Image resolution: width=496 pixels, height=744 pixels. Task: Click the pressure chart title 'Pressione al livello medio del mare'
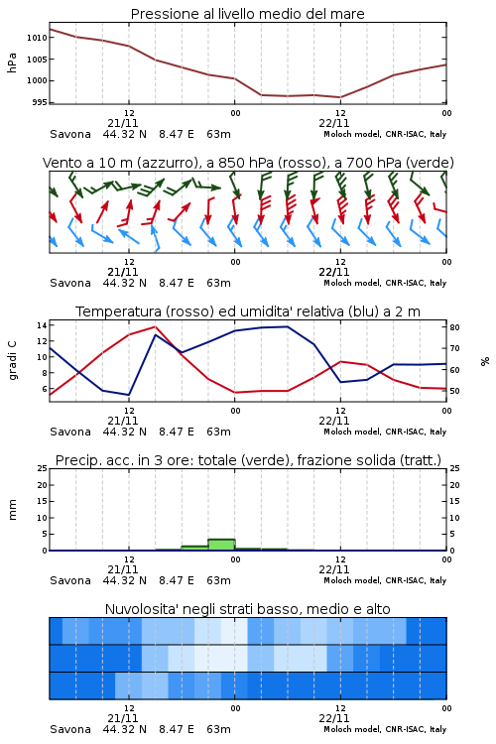click(247, 14)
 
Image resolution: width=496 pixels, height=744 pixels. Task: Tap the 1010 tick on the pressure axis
click(37, 38)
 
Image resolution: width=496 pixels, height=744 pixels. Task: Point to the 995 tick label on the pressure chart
click(40, 102)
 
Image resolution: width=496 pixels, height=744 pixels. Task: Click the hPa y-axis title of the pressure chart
click(12, 62)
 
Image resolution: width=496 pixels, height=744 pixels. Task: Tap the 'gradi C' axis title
click(12, 360)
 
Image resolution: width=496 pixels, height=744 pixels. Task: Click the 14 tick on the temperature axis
click(42, 325)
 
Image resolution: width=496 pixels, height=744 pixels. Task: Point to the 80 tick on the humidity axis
click(454, 327)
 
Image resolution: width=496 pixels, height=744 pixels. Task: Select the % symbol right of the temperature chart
click(485, 361)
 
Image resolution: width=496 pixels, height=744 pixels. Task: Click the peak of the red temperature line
click(155, 326)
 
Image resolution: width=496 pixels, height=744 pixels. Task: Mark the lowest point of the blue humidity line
click(129, 395)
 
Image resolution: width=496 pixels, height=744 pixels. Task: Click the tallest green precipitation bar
click(221, 545)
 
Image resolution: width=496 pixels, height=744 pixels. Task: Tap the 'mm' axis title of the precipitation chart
click(12, 510)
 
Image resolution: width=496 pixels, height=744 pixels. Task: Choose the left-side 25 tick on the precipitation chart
click(43, 468)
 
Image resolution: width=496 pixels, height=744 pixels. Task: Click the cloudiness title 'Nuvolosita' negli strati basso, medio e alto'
click(247, 609)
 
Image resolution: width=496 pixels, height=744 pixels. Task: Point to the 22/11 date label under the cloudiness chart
click(334, 718)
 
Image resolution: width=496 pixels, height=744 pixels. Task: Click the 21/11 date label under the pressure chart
click(122, 123)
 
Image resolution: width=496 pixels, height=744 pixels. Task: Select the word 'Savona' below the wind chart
click(70, 283)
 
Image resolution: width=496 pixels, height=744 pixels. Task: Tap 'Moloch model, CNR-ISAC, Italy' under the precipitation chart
click(385, 580)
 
